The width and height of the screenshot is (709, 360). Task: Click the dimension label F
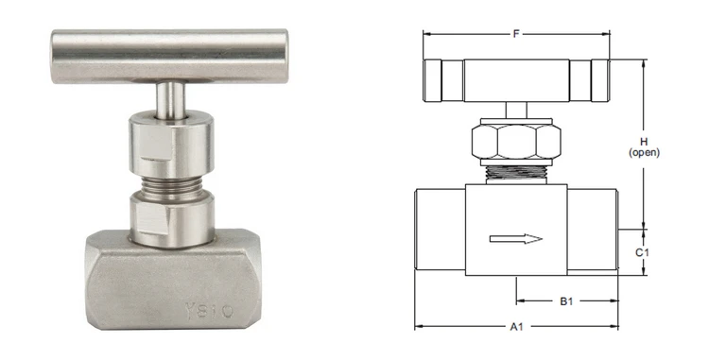coord(516,34)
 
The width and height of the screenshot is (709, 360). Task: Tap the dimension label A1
coord(516,326)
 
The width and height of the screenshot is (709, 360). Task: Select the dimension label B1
coord(566,300)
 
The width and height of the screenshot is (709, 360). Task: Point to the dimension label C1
coord(642,252)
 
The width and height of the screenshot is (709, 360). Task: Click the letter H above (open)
coord(644,143)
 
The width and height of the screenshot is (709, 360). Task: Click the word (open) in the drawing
coord(644,153)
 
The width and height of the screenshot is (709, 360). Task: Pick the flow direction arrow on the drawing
coord(516,239)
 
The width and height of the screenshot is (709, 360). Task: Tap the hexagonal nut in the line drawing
coord(516,142)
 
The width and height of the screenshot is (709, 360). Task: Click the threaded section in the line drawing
coord(516,174)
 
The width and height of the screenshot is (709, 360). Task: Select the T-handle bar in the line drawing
coord(516,80)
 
